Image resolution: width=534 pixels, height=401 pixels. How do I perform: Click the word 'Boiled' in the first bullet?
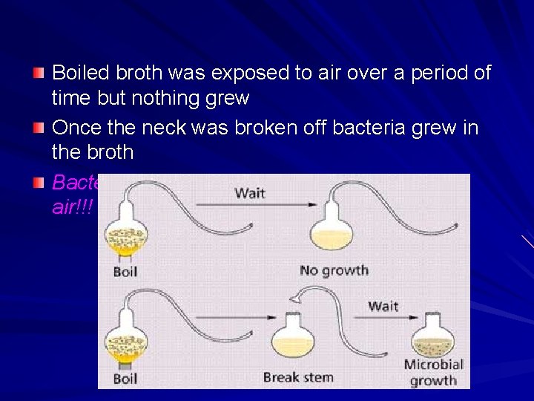click(x=80, y=74)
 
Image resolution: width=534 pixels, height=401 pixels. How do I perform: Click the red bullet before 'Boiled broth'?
click(x=39, y=74)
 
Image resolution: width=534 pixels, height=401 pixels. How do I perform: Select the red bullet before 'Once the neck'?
click(x=39, y=128)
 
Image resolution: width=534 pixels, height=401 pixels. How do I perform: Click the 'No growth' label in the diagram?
click(x=334, y=270)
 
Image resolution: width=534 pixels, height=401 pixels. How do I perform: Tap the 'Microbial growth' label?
click(x=433, y=372)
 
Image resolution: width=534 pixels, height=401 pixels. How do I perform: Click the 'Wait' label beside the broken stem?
click(x=383, y=306)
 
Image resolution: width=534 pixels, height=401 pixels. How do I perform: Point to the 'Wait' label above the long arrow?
click(x=251, y=193)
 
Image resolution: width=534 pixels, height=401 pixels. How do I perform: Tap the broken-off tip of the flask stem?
click(x=297, y=299)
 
